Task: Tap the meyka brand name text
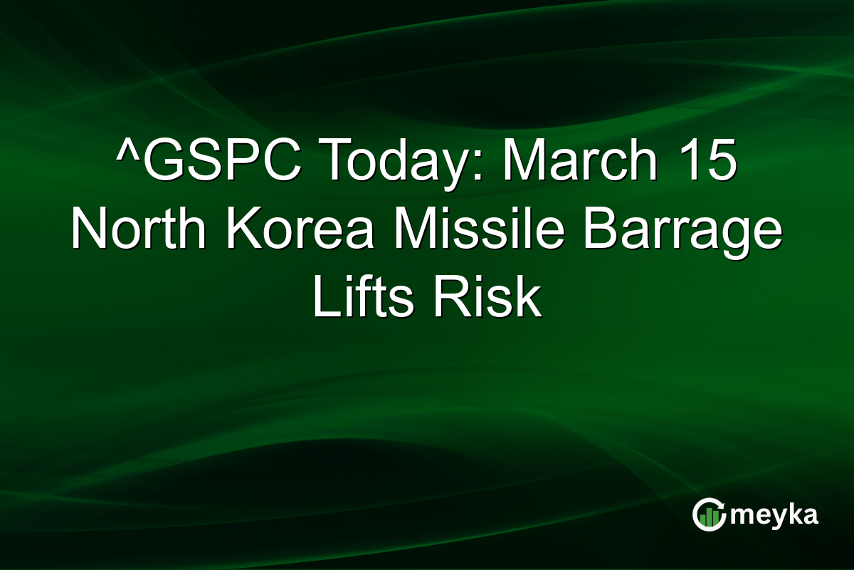[x=776, y=515]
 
